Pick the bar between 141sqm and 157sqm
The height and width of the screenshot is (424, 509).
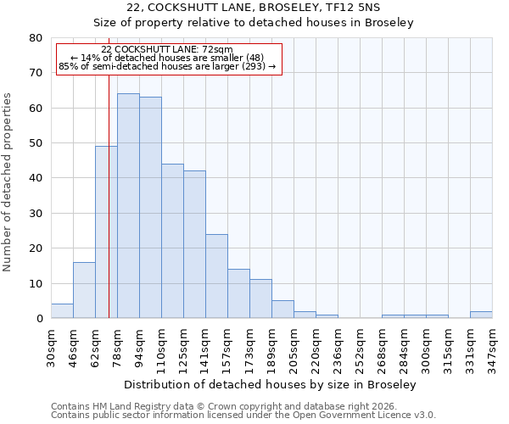point(216,276)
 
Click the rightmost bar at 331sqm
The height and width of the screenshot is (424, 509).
point(481,315)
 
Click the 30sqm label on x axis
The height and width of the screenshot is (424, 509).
point(52,346)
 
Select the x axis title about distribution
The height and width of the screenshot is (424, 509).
point(271,385)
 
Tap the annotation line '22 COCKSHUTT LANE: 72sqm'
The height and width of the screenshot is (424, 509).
point(167,50)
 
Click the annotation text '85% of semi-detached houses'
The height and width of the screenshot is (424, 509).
point(167,66)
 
